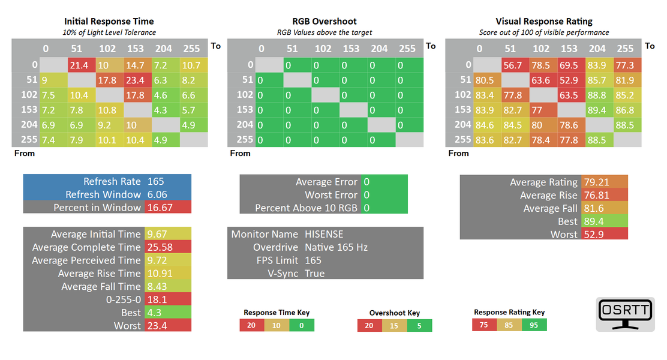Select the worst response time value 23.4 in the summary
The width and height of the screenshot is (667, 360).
click(167, 326)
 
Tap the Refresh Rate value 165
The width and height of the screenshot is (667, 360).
click(167, 181)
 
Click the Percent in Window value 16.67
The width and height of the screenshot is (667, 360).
click(167, 208)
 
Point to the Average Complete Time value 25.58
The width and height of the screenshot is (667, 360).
click(167, 247)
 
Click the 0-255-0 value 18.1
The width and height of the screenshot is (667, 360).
click(167, 299)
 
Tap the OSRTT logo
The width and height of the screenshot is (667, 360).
click(625, 314)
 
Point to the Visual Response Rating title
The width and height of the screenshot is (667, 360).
click(543, 22)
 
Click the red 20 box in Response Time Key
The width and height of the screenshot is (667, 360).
click(252, 325)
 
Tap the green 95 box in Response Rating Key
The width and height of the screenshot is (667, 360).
click(534, 325)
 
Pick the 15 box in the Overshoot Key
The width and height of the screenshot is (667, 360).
click(394, 325)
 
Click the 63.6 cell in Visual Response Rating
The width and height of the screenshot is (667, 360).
click(542, 80)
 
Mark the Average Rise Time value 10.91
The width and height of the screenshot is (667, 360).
click(167, 274)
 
